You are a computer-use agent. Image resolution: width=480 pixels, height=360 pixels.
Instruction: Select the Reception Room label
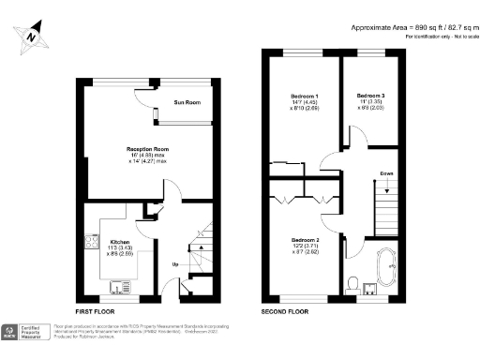(x=147, y=149)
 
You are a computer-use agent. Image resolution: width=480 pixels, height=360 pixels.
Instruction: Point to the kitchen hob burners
(x=92, y=243)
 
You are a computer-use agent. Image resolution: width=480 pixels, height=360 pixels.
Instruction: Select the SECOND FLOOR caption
(x=286, y=310)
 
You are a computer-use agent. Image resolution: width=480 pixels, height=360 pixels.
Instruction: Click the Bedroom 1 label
(x=303, y=97)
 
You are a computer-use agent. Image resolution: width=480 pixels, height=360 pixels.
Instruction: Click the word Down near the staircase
(x=386, y=173)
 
